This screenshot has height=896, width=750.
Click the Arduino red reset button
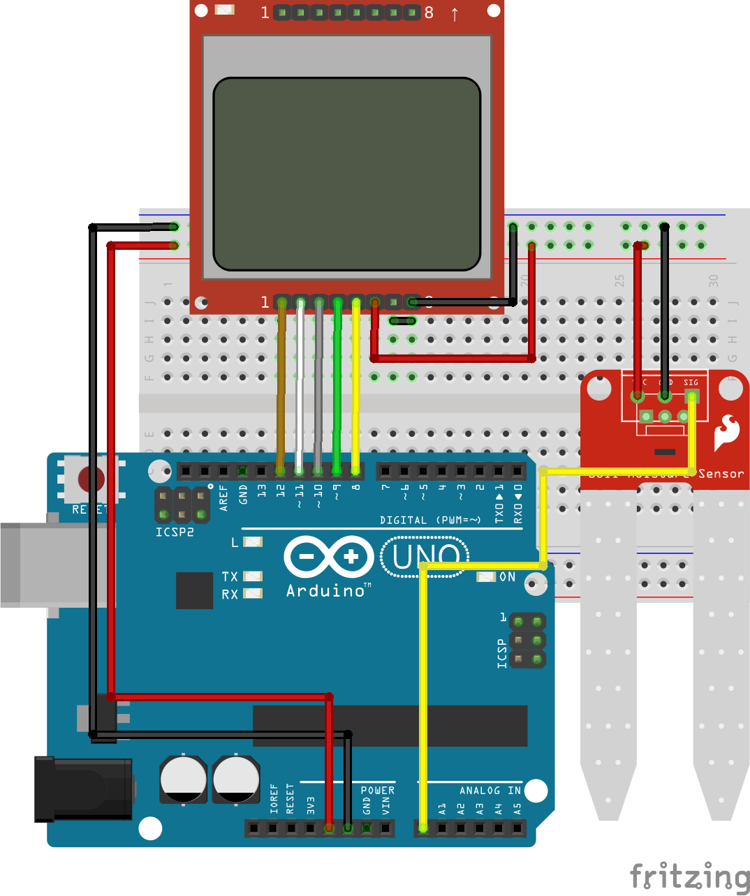pyautogui.click(x=91, y=479)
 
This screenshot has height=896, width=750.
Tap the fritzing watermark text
pyautogui.click(x=689, y=876)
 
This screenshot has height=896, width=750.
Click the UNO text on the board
pyautogui.click(x=425, y=556)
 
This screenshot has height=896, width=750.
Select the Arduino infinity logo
pyautogui.click(x=329, y=556)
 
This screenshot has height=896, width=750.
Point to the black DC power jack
pyautogui.click(x=83, y=789)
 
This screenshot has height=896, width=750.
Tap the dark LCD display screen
pyautogui.click(x=347, y=174)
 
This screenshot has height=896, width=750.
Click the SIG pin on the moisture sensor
pyautogui.click(x=691, y=396)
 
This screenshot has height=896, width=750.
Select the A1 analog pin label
pyautogui.click(x=442, y=809)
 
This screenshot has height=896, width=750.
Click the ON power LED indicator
pyautogui.click(x=486, y=577)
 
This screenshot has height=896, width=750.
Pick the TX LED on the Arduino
pyautogui.click(x=252, y=576)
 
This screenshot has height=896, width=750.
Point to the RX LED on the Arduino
pyautogui.click(x=252, y=594)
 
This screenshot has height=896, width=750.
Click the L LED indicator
pyautogui.click(x=252, y=542)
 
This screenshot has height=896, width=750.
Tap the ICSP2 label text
pyautogui.click(x=175, y=532)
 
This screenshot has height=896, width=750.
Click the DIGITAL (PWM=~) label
pyautogui.click(x=430, y=520)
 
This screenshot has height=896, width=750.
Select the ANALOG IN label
pyautogui.click(x=490, y=791)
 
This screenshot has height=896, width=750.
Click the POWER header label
pyautogui.click(x=377, y=791)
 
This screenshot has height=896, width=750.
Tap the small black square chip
pyautogui.click(x=194, y=590)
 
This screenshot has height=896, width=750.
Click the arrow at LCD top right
pyautogui.click(x=455, y=13)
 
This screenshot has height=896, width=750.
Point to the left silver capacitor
pyautogui.click(x=183, y=779)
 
